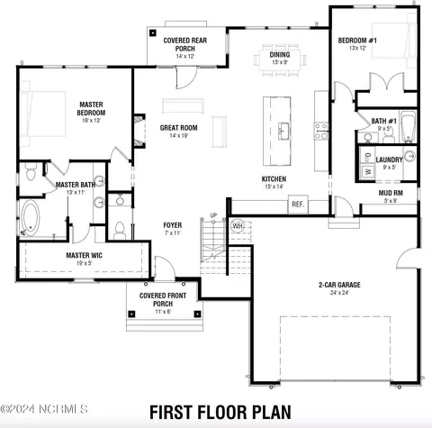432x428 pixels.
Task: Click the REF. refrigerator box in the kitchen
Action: (x=298, y=205)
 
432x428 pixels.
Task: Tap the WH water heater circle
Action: (x=238, y=225)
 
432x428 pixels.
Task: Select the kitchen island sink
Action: (x=283, y=131)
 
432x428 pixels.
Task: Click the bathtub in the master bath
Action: (x=31, y=218)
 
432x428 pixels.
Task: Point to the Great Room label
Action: (x=178, y=128)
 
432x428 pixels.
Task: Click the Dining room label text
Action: (x=280, y=55)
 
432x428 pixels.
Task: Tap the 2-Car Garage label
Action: (x=339, y=285)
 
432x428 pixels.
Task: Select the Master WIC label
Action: (x=84, y=255)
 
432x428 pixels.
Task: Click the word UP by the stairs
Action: (x=213, y=215)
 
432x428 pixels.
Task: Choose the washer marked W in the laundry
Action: (x=367, y=172)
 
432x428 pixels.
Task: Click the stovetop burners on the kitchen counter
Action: (x=321, y=132)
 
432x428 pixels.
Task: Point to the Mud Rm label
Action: (x=391, y=193)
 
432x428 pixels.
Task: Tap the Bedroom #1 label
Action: (x=357, y=41)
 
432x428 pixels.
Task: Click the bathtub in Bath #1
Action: (x=409, y=127)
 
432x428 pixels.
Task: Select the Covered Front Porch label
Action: (x=163, y=299)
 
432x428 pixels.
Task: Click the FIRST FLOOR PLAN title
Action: (x=220, y=412)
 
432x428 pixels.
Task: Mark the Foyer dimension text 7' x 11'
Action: (x=173, y=232)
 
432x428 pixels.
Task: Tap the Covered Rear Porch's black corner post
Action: (x=153, y=32)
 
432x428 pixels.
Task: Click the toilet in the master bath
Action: (x=31, y=171)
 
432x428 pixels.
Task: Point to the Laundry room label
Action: (x=389, y=159)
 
